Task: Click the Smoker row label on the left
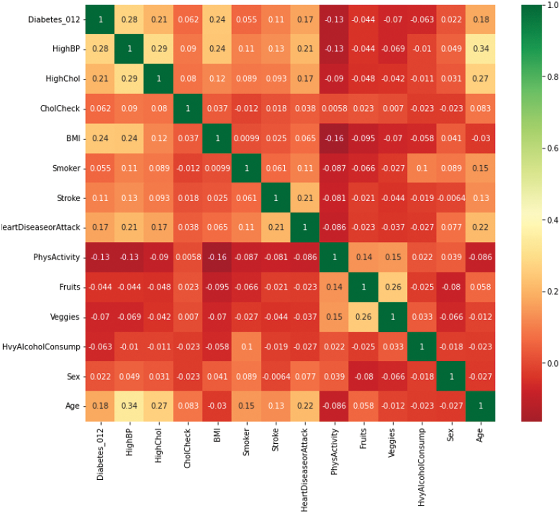click(66, 168)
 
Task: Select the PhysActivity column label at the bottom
click(334, 452)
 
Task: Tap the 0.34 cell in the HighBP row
click(480, 49)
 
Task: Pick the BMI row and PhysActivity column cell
click(334, 138)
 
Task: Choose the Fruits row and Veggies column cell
click(393, 287)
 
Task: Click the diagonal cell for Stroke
click(276, 198)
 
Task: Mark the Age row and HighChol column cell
click(159, 406)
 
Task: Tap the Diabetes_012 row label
click(54, 19)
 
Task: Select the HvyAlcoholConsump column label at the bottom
click(421, 467)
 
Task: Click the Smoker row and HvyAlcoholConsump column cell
click(422, 168)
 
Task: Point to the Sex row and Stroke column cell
click(276, 377)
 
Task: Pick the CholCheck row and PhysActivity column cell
click(334, 108)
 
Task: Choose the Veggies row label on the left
click(65, 317)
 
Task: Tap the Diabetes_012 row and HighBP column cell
click(129, 19)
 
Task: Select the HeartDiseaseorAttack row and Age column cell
click(480, 227)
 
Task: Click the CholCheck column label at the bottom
click(187, 448)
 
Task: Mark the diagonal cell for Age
click(480, 406)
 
